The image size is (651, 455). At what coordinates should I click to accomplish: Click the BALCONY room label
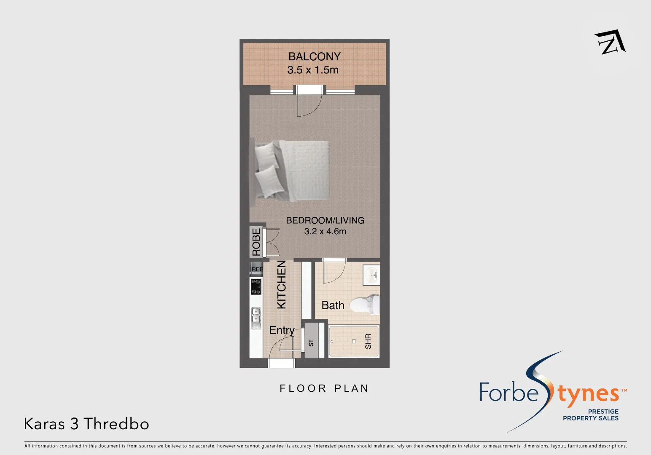(314, 56)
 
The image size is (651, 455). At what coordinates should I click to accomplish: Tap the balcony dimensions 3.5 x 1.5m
(313, 70)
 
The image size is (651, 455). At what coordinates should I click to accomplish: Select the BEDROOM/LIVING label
(325, 220)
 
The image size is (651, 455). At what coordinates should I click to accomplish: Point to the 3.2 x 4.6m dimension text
(325, 231)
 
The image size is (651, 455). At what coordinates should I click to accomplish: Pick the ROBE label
(256, 242)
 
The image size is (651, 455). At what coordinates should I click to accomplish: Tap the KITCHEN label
(281, 284)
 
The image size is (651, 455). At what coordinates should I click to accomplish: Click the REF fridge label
(257, 269)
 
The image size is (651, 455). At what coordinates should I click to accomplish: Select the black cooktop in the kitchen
(256, 286)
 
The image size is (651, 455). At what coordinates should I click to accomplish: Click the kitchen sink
(256, 318)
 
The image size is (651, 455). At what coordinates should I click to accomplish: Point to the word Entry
(282, 330)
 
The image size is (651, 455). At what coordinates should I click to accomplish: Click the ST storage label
(311, 343)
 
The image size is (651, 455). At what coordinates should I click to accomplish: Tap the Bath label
(333, 305)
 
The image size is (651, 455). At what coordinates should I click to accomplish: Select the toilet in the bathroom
(366, 304)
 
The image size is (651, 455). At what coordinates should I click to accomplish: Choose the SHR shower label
(368, 341)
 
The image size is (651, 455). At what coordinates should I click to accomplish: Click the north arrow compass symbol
(610, 42)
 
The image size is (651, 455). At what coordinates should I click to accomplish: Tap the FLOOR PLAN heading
(324, 388)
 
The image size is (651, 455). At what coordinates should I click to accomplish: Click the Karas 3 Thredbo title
(86, 424)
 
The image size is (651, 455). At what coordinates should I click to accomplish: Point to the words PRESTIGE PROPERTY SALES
(591, 415)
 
